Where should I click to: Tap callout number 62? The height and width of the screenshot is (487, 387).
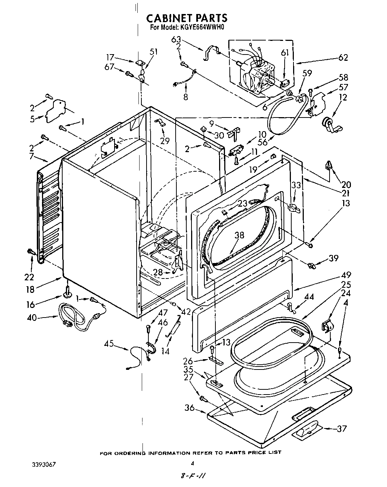tap(342, 58)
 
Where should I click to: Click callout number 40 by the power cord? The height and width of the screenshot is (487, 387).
tap(32, 317)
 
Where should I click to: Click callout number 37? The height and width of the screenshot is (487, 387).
tap(342, 428)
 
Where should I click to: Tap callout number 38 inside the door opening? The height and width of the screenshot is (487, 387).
tap(239, 235)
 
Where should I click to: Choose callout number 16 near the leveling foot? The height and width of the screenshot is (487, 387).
tap(31, 304)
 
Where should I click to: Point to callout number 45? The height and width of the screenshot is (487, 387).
tap(109, 344)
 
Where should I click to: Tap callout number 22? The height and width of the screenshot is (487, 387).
tap(29, 277)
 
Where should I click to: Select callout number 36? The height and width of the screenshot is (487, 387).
tap(190, 407)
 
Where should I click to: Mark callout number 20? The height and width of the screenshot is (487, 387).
tap(346, 185)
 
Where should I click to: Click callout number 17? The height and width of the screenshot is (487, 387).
tap(110, 57)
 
